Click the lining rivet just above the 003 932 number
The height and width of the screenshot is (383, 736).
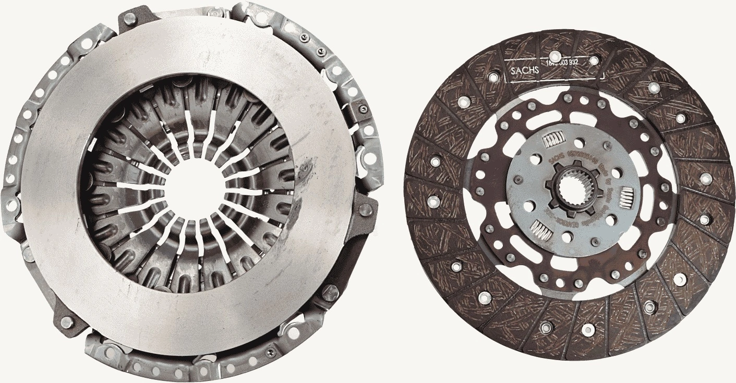pyautogui.click(x=555, y=56)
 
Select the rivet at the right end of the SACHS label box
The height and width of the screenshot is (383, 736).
pyautogui.click(x=594, y=61)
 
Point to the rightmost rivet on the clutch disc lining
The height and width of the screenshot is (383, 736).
pyautogui.click(x=706, y=179)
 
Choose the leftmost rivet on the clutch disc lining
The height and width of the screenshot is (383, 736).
pyautogui.click(x=431, y=199)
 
